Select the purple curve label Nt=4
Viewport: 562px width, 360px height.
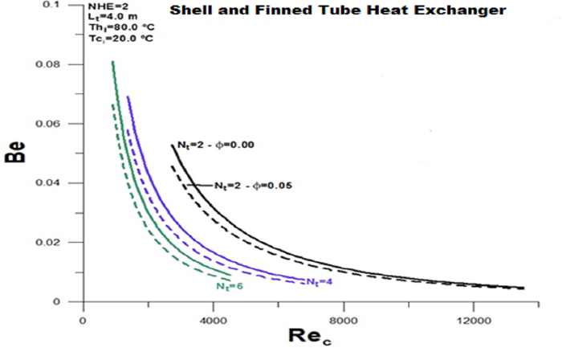(320, 280)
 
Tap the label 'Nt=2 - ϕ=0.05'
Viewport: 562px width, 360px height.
(252, 186)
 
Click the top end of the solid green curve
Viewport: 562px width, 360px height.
(112, 62)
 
